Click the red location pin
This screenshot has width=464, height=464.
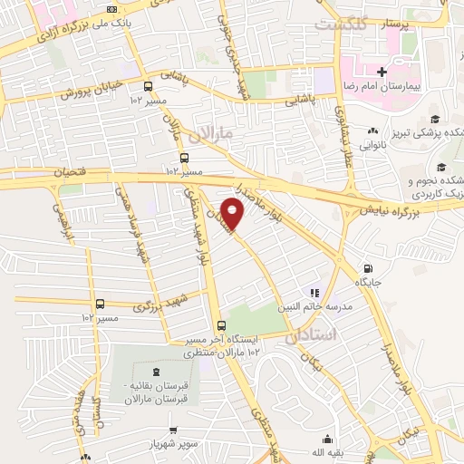coord(234,214)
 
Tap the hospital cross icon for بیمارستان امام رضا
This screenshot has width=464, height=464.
coord(382,72)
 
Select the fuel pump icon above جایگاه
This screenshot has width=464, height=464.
coord(367,268)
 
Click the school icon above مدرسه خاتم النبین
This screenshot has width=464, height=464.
coord(314,293)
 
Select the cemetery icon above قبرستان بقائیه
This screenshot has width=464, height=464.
coord(159,372)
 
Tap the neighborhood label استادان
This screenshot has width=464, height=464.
coord(311,336)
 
